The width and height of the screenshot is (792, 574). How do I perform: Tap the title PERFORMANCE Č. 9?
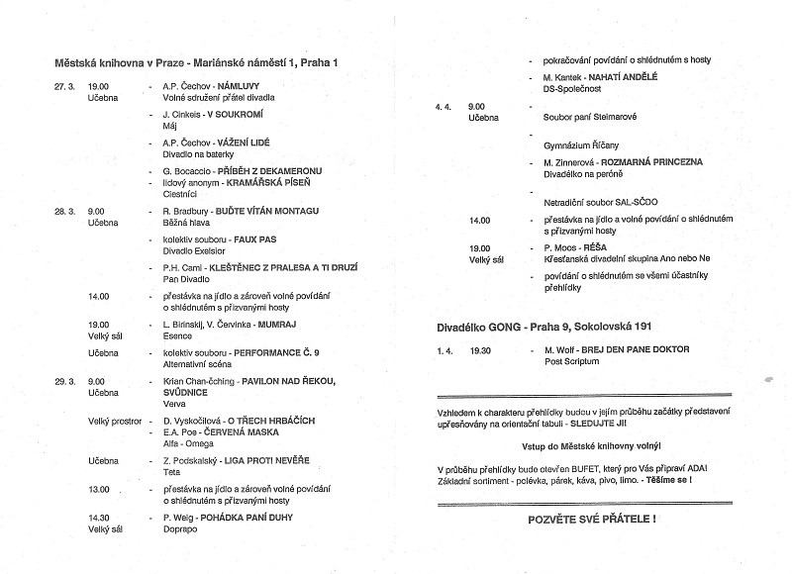pos(276,352)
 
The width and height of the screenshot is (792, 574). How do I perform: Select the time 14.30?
pos(99,517)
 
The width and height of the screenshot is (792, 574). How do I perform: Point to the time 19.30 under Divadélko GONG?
pos(480,349)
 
